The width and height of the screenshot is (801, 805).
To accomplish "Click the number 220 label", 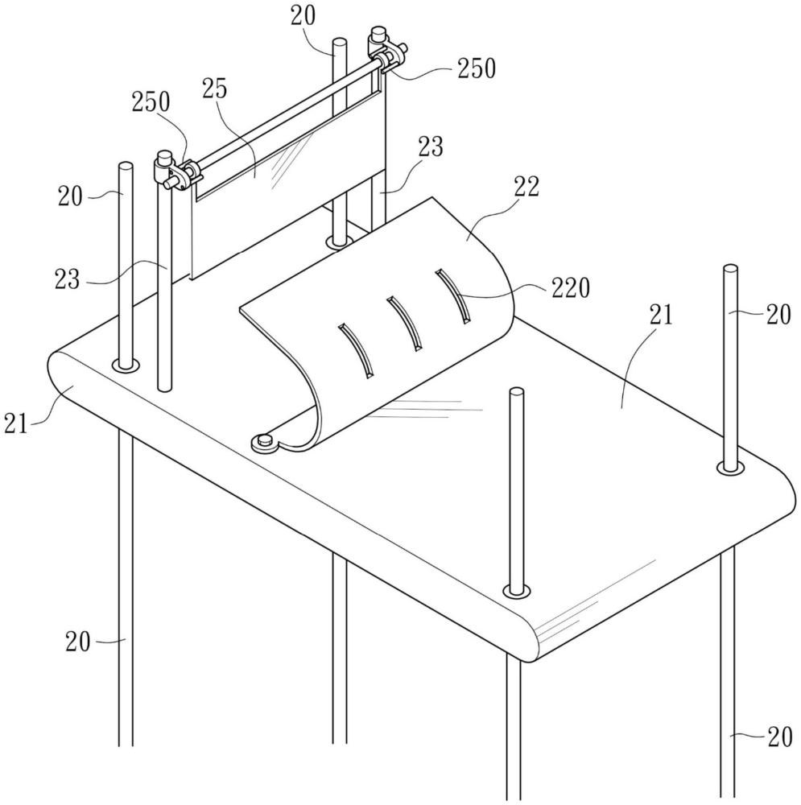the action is point(571,288).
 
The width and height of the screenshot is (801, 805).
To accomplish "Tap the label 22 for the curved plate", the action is point(526,187).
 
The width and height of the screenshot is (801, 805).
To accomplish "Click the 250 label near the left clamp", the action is point(151,102).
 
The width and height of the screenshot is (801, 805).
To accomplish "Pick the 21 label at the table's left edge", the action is point(15,423).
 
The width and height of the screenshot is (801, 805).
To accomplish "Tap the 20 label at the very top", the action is point(303,16).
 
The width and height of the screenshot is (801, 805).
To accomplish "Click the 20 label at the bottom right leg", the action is point(780,737).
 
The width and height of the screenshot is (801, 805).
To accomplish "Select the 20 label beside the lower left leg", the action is point(78,642).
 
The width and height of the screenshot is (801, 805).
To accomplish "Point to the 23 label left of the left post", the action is point(68,280).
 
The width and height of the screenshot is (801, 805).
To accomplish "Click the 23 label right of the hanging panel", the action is point(430,147).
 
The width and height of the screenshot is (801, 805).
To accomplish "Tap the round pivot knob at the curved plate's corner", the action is point(265,440).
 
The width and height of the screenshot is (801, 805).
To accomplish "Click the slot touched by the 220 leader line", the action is point(452,296).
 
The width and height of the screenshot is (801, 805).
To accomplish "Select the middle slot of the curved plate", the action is point(404,324).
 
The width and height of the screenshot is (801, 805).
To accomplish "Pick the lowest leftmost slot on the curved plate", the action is point(355,351).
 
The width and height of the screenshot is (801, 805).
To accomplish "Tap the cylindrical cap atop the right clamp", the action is point(379,35).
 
